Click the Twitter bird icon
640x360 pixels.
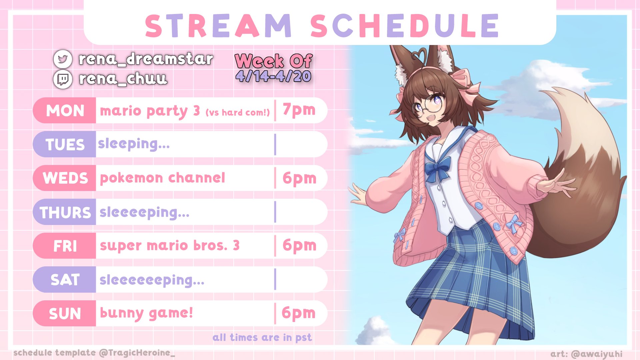click(x=63, y=59)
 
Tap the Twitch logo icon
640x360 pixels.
click(x=63, y=79)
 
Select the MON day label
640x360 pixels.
click(x=65, y=111)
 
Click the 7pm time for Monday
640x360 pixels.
click(x=299, y=110)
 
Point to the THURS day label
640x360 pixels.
click(x=65, y=212)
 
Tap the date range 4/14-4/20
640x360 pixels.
click(x=273, y=76)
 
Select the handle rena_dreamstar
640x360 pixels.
click(x=146, y=59)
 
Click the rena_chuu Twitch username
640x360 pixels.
click(x=123, y=79)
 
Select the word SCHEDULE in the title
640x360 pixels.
click(x=405, y=26)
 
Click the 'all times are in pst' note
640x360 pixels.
click(x=262, y=338)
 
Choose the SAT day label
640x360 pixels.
click(x=65, y=280)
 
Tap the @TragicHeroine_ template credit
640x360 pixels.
click(x=137, y=353)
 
